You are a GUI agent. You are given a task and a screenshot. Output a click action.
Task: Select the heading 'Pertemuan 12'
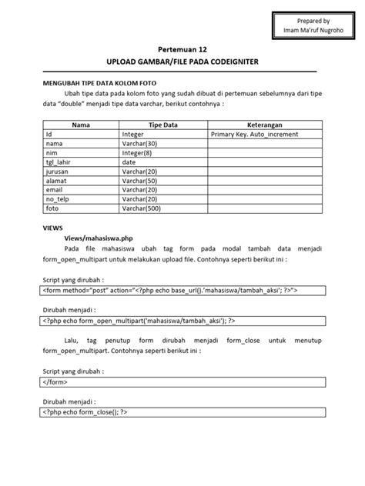182,47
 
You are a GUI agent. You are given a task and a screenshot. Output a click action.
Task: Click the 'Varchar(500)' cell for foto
141,208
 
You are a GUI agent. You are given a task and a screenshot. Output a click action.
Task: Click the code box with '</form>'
182,380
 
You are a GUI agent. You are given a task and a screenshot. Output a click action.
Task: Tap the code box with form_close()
182,411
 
